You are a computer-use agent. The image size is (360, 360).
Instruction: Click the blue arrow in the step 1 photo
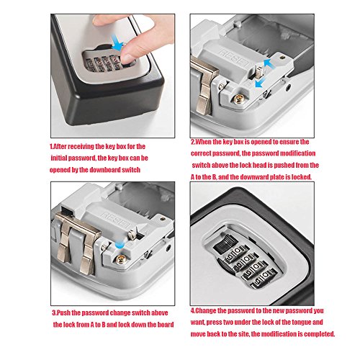pyautogui.click(x=117, y=42)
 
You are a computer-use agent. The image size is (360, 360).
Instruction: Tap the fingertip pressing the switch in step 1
pyautogui.click(x=127, y=57)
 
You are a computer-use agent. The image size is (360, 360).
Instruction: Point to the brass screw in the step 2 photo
pyautogui.click(x=238, y=99)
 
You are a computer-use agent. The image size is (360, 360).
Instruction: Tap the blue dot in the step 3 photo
pyautogui.click(x=120, y=245)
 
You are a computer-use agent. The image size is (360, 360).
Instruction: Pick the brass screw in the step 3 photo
pyautogui.click(x=120, y=260)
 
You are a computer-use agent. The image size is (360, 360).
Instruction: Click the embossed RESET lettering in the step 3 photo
pyautogui.click(x=116, y=221)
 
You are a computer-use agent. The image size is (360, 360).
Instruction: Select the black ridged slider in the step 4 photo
pyautogui.click(x=225, y=243)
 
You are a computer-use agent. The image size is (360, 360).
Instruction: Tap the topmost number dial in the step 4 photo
pyautogui.click(x=237, y=253)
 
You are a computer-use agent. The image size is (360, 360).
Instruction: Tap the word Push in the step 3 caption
pyautogui.click(x=63, y=313)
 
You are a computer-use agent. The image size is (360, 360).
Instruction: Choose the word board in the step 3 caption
pyautogui.click(x=166, y=325)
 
